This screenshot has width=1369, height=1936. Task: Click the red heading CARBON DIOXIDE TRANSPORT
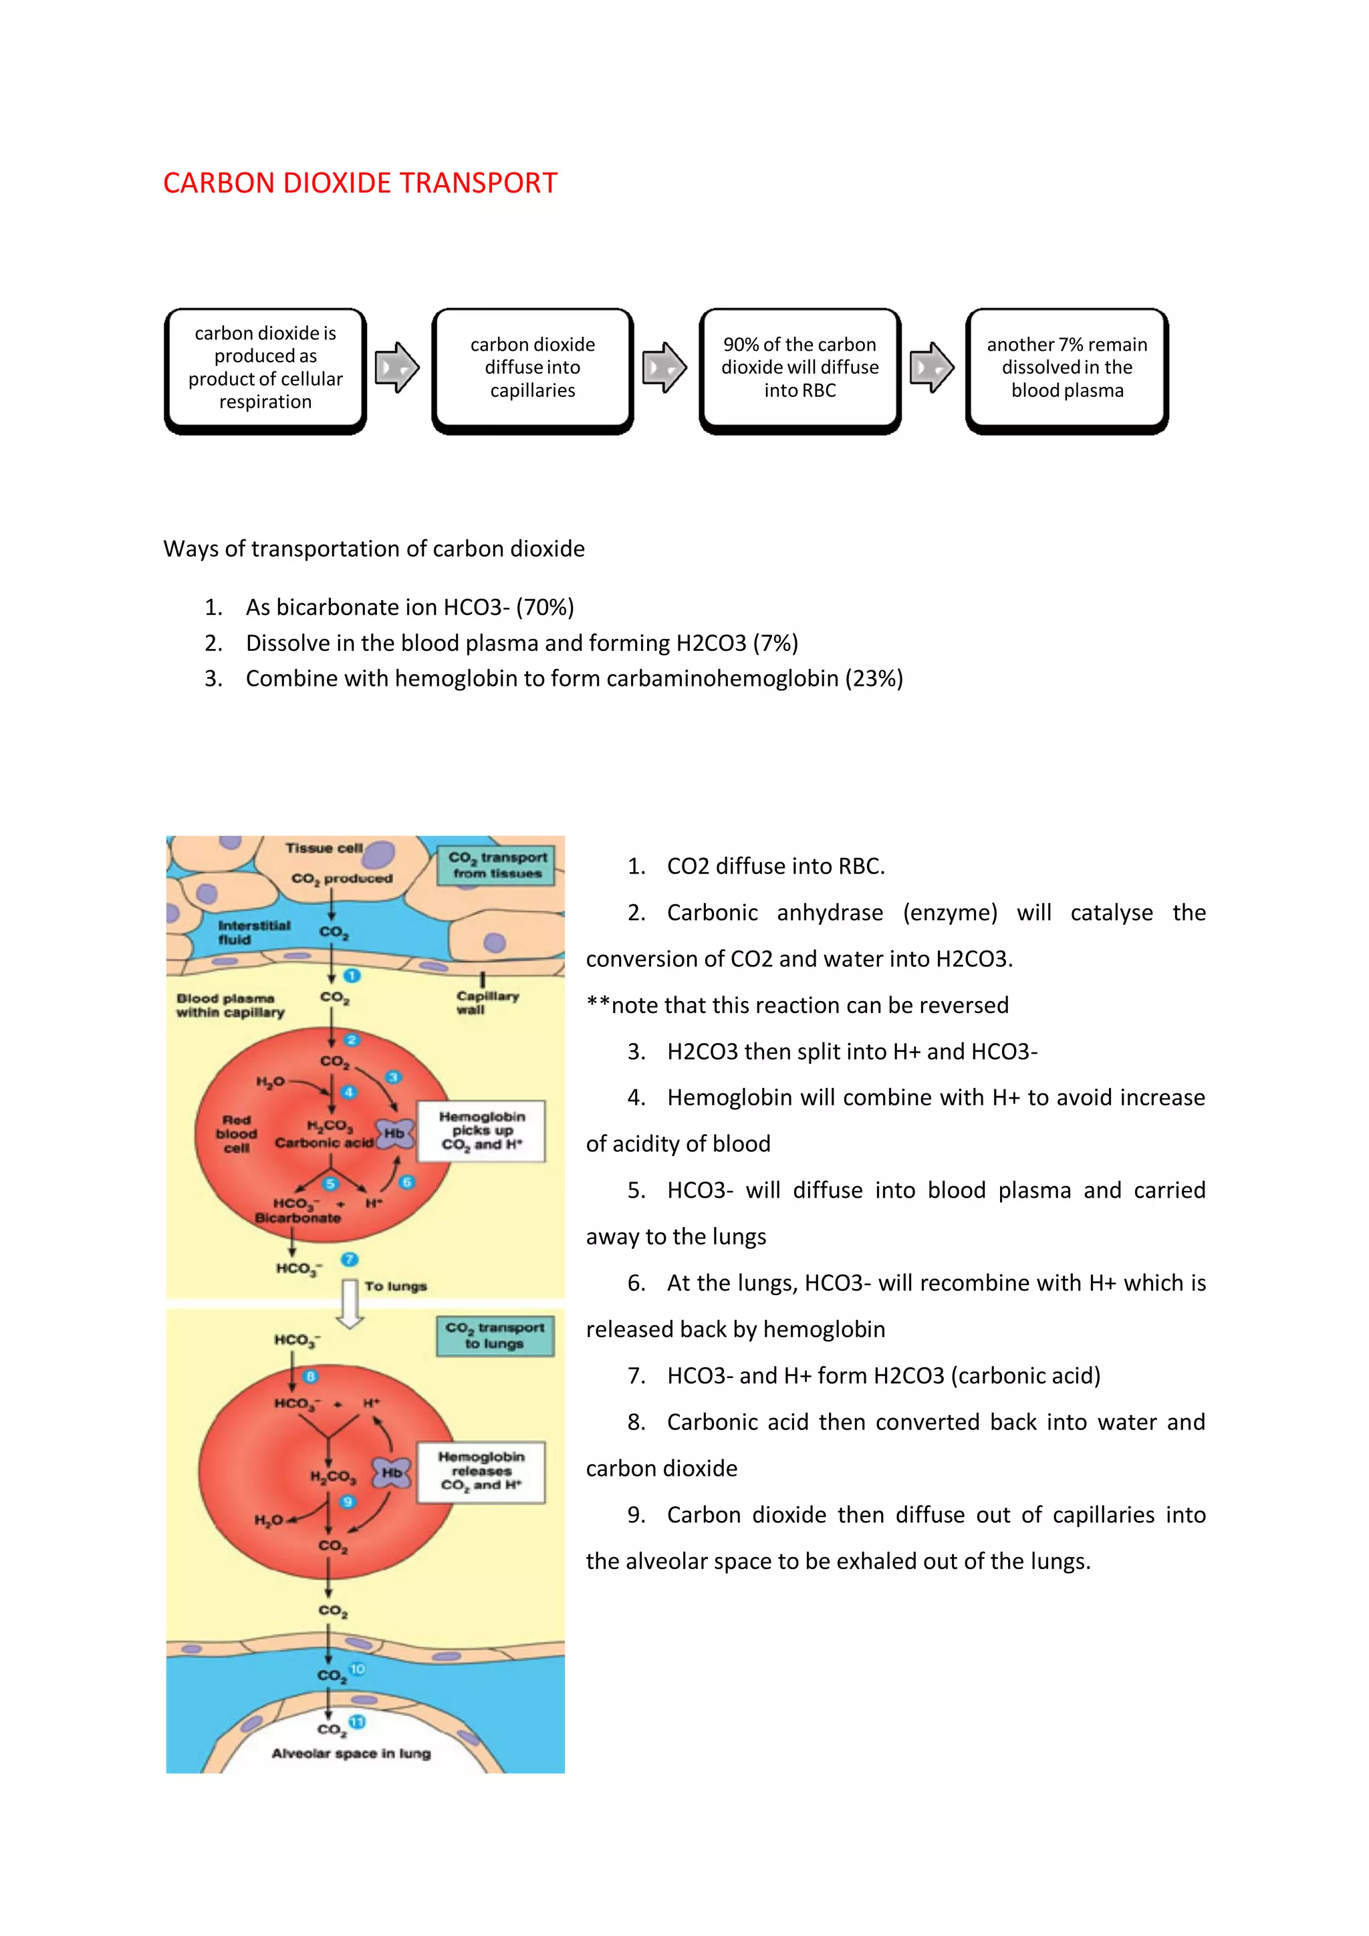[360, 183]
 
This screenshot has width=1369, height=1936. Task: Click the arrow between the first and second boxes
[396, 368]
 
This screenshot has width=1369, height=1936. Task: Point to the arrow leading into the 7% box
[931, 368]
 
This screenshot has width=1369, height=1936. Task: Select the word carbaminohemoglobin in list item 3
[722, 679]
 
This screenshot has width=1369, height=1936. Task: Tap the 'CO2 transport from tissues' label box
[496, 866]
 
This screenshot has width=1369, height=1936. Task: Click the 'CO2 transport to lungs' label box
[495, 1336]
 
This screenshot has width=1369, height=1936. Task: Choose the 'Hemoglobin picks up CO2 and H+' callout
[482, 1131]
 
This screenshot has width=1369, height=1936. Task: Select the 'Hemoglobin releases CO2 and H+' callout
[481, 1472]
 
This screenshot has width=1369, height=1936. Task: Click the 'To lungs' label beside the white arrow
[396, 1286]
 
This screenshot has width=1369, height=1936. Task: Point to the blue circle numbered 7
[349, 1260]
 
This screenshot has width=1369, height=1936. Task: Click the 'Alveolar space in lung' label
[351, 1754]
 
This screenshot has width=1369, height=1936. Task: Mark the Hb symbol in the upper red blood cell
[394, 1134]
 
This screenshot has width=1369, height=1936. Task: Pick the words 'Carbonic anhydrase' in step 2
[774, 912]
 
